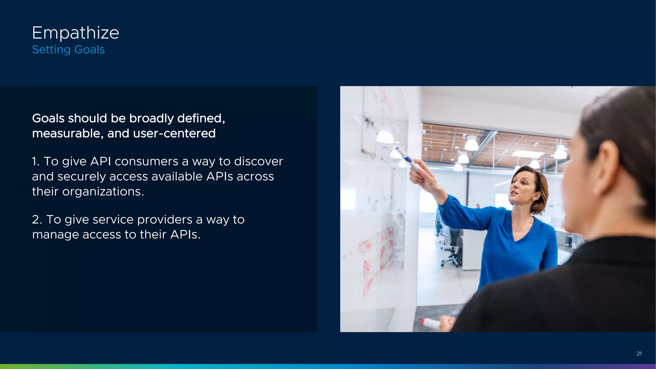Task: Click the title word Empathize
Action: [x=76, y=33]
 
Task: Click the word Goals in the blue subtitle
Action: [x=89, y=50]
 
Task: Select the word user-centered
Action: [x=174, y=134]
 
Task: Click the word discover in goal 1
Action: [x=258, y=161]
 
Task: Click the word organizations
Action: [x=103, y=192]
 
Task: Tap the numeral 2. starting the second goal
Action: [x=37, y=220]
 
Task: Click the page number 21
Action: [x=639, y=354]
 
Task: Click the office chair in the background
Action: [x=452, y=256]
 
